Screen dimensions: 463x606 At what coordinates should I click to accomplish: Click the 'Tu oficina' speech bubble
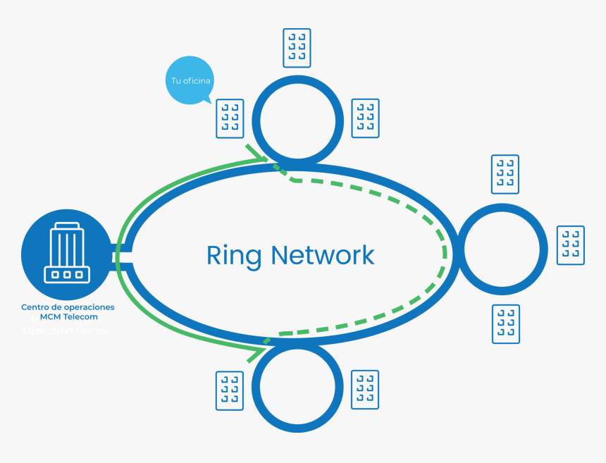pos(190,80)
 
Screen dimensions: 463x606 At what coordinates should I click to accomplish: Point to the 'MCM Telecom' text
pos(68,317)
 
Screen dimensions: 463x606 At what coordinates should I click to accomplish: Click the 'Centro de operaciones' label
pos(68,307)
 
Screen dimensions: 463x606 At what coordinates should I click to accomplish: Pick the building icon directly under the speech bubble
pos(230,118)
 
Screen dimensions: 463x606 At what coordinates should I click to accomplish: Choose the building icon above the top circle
pos(297,48)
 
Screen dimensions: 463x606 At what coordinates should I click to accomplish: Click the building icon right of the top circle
pos(365,118)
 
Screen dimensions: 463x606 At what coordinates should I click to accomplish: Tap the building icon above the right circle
pos(505,174)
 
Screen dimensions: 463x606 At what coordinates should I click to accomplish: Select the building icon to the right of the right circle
pos(571,245)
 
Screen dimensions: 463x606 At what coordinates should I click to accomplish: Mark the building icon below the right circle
pos(506,324)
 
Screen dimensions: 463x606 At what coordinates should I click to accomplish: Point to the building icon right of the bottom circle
pos(365,390)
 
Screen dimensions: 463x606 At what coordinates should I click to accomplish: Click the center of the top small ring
pos(297,118)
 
